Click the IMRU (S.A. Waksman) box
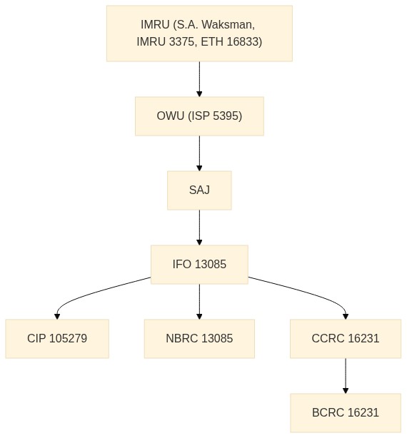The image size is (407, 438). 199,34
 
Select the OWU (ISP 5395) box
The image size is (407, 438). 199,116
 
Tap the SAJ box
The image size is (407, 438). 199,190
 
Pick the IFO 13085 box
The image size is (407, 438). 199,265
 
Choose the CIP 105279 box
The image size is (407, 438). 57,339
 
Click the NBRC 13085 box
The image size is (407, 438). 199,339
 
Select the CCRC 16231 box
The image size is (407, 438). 346,339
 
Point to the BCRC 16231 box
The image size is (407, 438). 346,413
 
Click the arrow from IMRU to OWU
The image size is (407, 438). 199,79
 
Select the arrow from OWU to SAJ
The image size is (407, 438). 199,153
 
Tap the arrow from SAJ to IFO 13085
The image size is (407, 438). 199,228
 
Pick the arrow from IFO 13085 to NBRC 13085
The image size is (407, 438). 199,302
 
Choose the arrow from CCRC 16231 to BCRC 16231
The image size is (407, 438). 346,376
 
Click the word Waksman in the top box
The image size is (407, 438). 228,24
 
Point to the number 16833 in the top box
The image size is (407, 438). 244,42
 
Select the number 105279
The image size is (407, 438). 69,339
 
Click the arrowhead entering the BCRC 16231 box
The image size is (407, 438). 346,390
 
